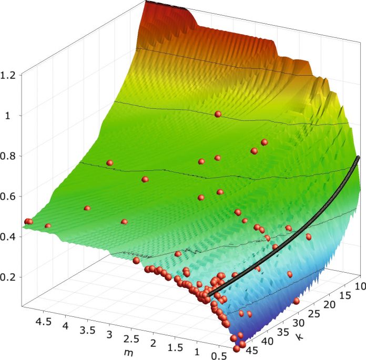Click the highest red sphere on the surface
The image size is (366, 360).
(218, 114)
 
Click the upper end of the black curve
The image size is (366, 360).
(358, 157)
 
